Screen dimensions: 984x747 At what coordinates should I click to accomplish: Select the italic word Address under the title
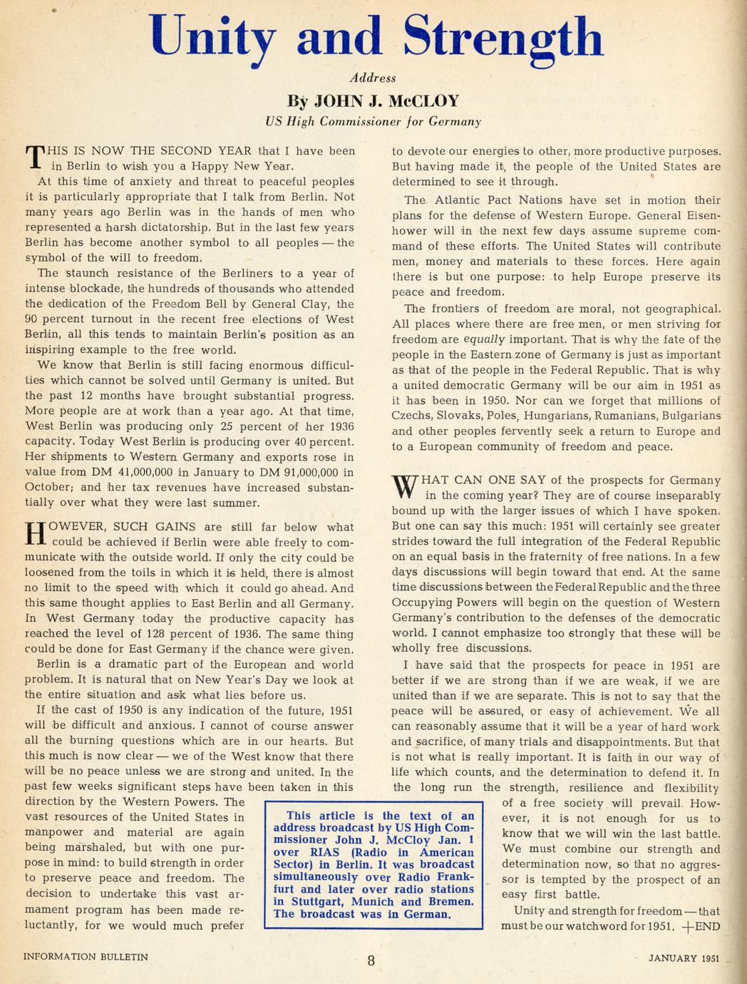[373, 78]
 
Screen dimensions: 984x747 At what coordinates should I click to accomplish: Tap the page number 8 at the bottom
[371, 960]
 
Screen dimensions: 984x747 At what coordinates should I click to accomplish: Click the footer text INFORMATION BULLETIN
[86, 957]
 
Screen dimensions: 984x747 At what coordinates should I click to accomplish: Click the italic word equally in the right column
[484, 339]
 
